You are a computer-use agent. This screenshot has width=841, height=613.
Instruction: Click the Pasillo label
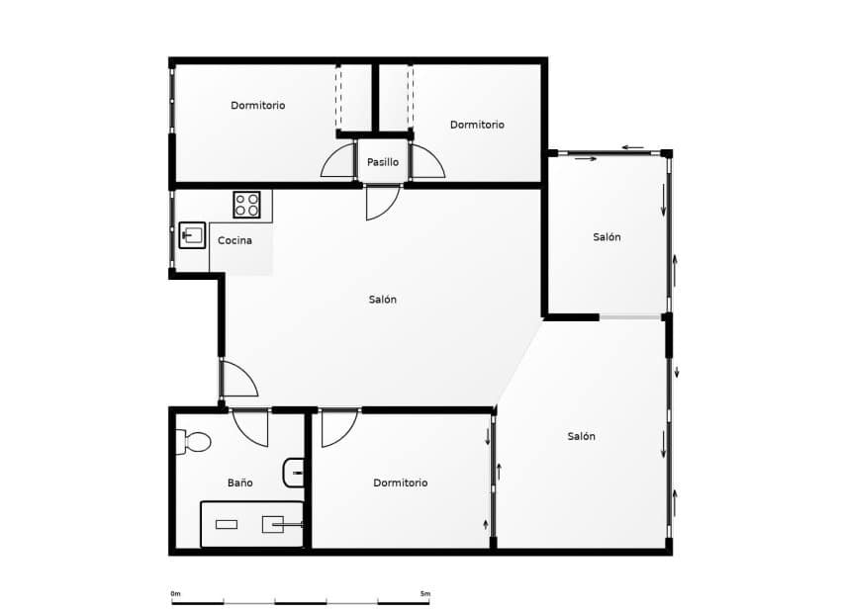coord(382,162)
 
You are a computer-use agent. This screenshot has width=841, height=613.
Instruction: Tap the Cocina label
coord(234,240)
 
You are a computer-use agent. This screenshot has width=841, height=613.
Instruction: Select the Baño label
coord(239,482)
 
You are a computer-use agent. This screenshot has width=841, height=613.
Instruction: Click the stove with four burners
coord(246,205)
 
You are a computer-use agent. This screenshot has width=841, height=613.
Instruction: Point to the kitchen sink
coord(192,235)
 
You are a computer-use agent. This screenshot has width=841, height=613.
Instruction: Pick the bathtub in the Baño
coord(251,524)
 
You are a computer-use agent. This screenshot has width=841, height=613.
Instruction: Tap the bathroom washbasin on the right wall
coord(294,474)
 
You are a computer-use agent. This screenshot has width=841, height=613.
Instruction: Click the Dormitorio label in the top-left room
coord(258,105)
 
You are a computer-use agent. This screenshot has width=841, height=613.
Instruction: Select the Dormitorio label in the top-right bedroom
coord(477,125)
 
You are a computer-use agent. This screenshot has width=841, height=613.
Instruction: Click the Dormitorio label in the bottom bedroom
coord(401,482)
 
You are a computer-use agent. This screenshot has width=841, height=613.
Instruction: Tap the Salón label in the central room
coord(383,300)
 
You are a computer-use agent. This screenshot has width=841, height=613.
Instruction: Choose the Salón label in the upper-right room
coord(607,237)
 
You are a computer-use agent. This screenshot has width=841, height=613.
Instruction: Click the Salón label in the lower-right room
coord(582,436)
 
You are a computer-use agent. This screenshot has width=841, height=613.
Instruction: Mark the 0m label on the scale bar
coord(175,593)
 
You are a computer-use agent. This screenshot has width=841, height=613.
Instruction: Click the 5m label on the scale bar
coord(424,593)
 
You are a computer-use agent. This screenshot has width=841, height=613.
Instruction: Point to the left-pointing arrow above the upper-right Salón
coord(633,148)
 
